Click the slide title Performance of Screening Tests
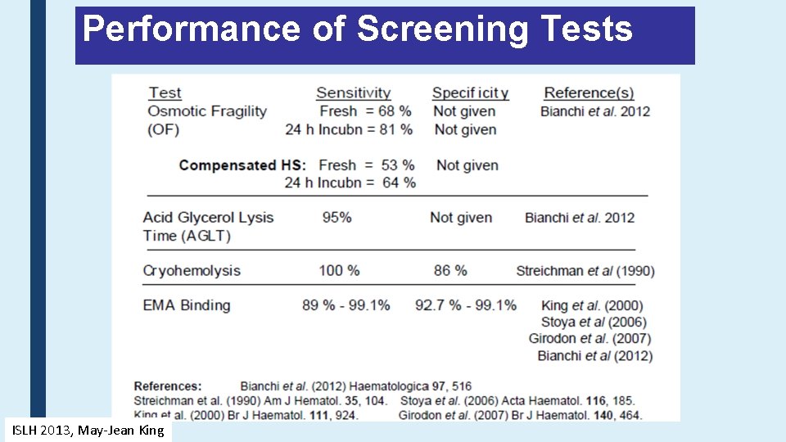pyautogui.click(x=358, y=30)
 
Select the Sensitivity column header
pyautogui.click(x=353, y=93)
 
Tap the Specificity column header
pyautogui.click(x=470, y=93)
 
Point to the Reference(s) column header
pyautogui.click(x=589, y=93)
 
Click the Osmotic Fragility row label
pyautogui.click(x=206, y=111)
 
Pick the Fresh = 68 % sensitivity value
pyautogui.click(x=365, y=111)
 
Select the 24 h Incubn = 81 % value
pyautogui.click(x=348, y=129)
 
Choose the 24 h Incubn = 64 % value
pyautogui.click(x=350, y=183)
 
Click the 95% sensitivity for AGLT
pyautogui.click(x=337, y=218)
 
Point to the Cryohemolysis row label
pyautogui.click(x=192, y=271)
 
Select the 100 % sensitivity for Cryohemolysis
pyautogui.click(x=339, y=271)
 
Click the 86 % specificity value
pyautogui.click(x=449, y=271)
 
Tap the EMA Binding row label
pyautogui.click(x=187, y=305)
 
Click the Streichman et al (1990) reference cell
pyautogui.click(x=585, y=271)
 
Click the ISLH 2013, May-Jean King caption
pyautogui.click(x=87, y=431)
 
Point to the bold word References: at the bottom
pyautogui.click(x=167, y=386)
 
